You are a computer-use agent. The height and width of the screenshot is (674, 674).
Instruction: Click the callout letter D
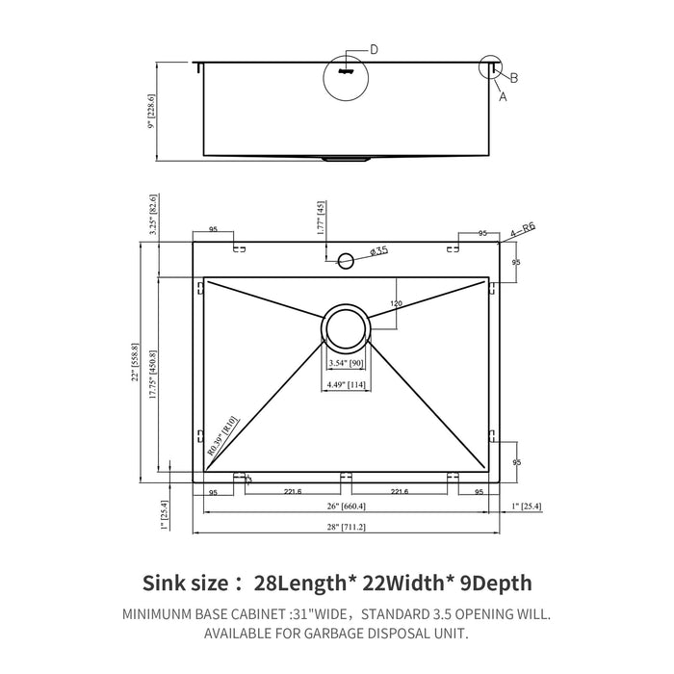[x=375, y=49]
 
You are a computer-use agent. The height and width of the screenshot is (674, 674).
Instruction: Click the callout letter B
[x=514, y=78]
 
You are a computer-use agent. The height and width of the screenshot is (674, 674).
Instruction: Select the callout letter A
[x=502, y=96]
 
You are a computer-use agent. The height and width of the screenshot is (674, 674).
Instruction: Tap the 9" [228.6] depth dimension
[x=150, y=111]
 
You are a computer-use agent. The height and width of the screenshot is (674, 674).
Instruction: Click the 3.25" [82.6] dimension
[x=151, y=220]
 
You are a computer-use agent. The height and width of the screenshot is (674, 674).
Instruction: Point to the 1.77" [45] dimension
[x=319, y=220]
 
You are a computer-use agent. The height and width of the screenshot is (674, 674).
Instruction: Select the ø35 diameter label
[x=378, y=252]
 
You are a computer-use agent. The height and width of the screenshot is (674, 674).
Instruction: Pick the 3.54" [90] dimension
[x=346, y=363]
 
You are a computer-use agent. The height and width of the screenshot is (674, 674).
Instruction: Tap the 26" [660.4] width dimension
[x=346, y=507]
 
